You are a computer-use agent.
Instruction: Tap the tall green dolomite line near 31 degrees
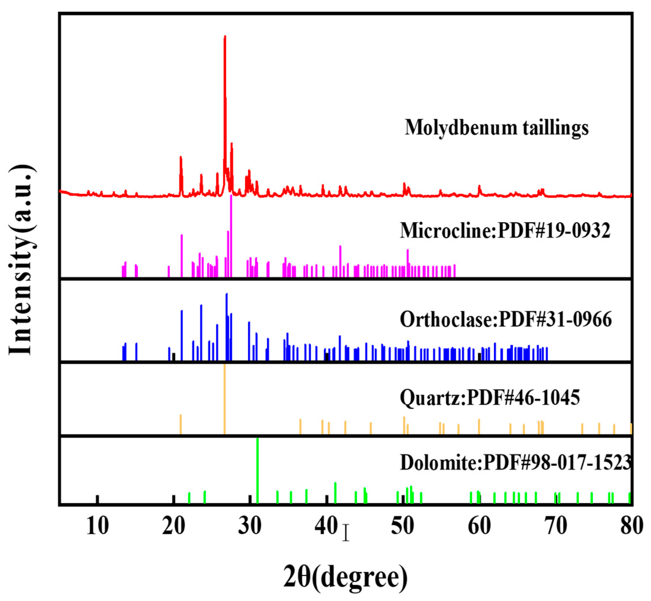tap(258, 472)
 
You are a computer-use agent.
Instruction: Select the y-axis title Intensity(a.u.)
tap(21, 260)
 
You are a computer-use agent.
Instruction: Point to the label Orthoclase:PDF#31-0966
tap(506, 320)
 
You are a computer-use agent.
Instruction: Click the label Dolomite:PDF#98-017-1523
tap(515, 463)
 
